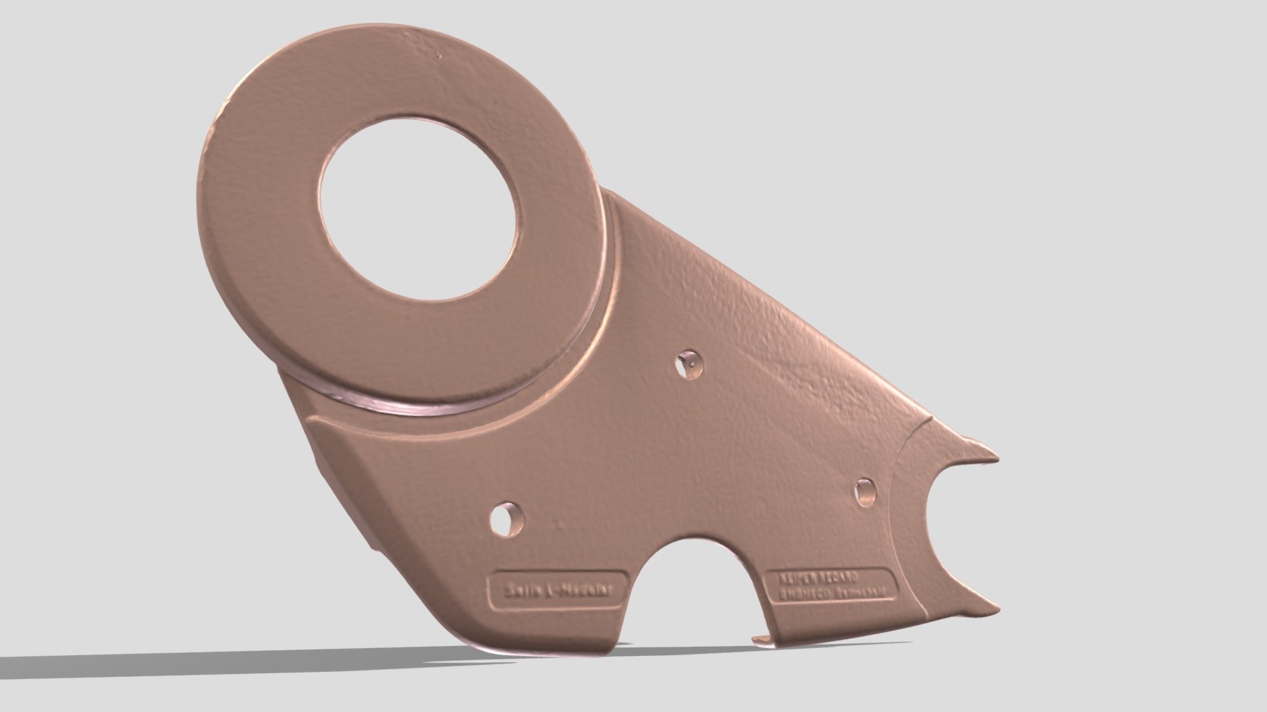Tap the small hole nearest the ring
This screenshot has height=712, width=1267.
690,363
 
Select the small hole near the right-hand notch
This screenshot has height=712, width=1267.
865,491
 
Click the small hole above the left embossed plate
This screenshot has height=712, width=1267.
507,519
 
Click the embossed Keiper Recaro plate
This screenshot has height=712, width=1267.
829,585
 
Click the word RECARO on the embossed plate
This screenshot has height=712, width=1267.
839,577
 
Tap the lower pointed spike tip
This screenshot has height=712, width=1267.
997,609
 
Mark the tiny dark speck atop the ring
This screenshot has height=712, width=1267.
439,56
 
